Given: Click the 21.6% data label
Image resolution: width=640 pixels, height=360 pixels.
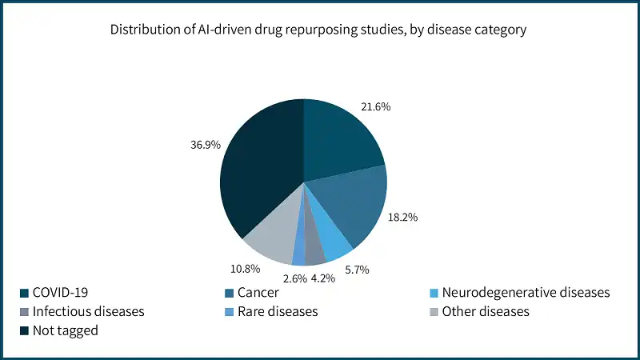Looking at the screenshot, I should [375, 106].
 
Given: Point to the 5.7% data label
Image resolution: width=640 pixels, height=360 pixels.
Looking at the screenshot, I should [356, 270].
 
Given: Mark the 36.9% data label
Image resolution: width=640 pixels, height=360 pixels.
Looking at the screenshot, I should [203, 146].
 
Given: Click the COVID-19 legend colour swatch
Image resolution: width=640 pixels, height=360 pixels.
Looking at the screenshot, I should [24, 293].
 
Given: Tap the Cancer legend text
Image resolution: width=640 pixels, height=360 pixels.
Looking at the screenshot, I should [258, 293].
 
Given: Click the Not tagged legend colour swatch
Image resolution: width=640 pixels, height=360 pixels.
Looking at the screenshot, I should [24, 330].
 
